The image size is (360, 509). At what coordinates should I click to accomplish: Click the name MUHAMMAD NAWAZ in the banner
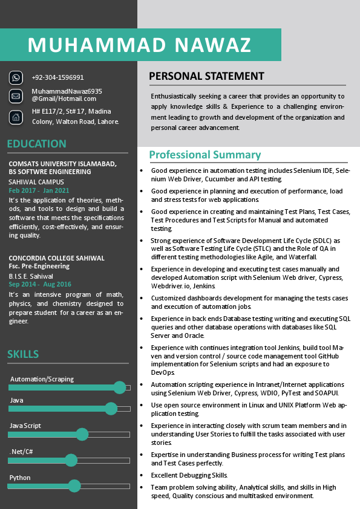coord(139,45)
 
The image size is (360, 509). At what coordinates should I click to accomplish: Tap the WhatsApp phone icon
coord(16,77)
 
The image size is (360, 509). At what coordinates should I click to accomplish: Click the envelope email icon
coord(16,96)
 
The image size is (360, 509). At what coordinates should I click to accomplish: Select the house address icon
coord(16,117)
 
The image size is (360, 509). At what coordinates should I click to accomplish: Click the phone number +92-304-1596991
coord(57,77)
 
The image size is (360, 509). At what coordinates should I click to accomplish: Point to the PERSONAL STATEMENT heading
coord(206,76)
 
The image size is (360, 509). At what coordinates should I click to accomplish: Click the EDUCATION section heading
coord(36,144)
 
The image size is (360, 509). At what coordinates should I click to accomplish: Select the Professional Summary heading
coord(205,155)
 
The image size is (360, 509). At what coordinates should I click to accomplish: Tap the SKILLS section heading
coord(23,354)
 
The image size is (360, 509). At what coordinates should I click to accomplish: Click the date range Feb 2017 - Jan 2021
coord(39,190)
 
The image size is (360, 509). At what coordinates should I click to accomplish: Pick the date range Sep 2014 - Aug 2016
coord(40,284)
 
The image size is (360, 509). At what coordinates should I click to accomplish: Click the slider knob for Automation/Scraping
coord(120,387)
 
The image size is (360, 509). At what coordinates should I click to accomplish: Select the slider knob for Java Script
coord(82,434)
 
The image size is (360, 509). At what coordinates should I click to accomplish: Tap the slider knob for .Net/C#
coord(71,460)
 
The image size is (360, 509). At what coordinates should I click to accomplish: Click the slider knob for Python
coord(74,485)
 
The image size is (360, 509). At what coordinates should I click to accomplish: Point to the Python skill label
coord(19,478)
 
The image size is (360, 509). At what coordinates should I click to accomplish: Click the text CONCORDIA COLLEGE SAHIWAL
coord(56,258)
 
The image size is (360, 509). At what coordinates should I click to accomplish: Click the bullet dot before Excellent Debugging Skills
coord(141,475)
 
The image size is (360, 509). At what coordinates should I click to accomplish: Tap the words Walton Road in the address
coord(76,122)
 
